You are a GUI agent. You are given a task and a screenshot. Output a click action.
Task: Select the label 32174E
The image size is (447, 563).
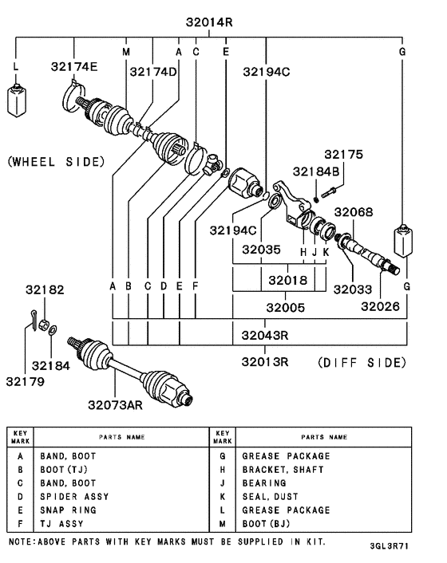pos(74,66)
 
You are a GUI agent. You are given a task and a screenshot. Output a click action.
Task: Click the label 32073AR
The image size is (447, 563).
pos(115,404)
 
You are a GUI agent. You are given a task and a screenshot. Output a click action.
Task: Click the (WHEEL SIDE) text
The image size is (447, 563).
pos(56,162)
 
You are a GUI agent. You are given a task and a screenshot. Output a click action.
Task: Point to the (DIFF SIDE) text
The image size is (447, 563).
pos(362,362)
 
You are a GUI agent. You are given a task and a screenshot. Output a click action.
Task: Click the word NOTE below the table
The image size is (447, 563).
pos(22,541)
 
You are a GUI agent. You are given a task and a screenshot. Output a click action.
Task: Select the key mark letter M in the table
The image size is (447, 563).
pos(223,524)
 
